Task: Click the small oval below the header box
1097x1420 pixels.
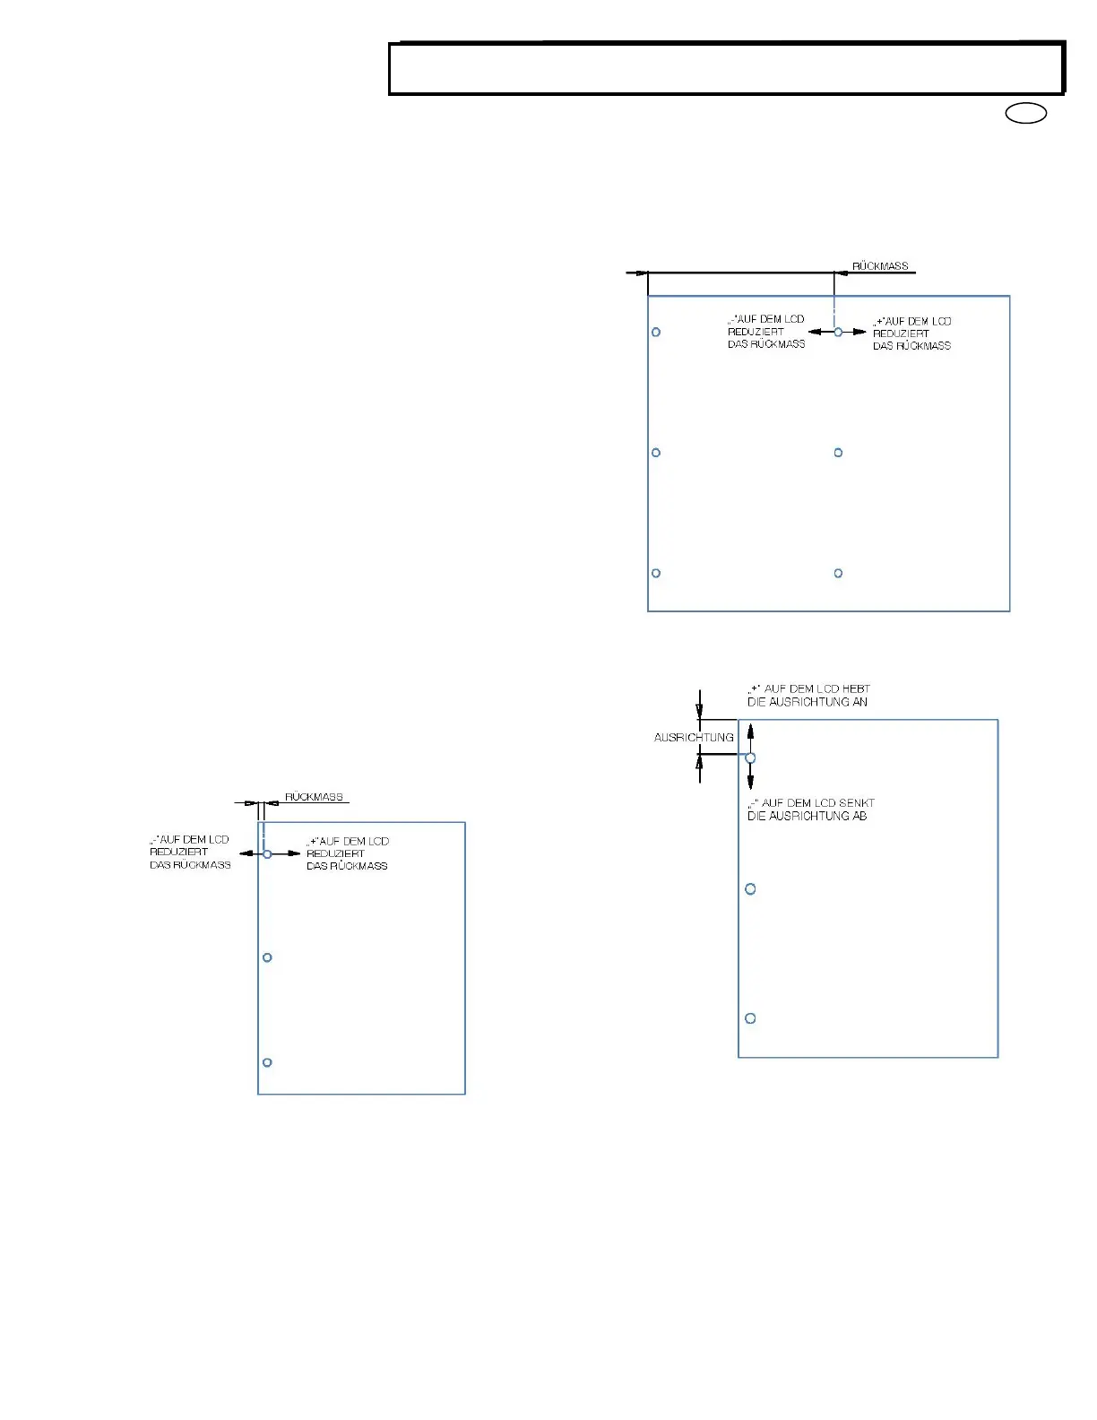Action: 1026,114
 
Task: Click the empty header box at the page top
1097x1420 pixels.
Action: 726,69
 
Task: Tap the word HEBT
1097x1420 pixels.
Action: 856,689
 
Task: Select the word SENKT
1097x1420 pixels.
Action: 858,803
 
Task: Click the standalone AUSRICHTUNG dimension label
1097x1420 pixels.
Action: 694,738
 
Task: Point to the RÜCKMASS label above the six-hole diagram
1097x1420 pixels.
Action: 880,266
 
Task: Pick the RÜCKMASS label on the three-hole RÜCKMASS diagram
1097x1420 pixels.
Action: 314,797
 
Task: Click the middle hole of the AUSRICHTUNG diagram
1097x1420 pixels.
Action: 751,889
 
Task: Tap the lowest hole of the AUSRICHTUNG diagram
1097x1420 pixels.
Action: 751,1018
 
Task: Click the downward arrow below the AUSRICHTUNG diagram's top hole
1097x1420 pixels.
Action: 751,780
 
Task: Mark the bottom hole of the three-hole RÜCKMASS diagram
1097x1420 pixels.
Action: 267,1062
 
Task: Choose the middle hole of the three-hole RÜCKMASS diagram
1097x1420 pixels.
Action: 267,957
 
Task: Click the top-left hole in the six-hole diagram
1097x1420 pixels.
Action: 656,332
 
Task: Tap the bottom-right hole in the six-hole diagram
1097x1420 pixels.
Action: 838,573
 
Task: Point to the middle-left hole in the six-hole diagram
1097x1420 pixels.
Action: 656,453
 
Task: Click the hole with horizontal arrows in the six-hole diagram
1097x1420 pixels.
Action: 838,332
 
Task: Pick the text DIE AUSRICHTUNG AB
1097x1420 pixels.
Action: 807,816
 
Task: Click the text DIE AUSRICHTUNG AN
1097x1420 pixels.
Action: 807,702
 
